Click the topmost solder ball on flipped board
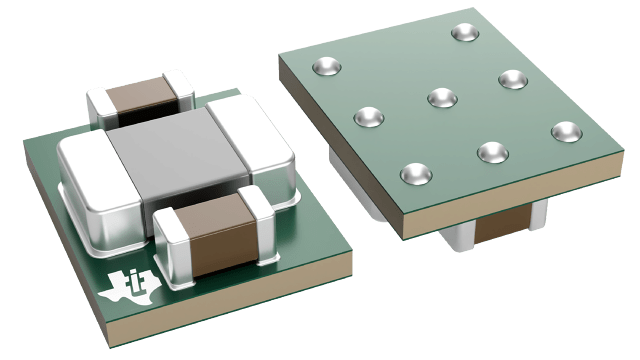pyautogui.click(x=464, y=32)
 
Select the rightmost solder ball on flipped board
pyautogui.click(x=566, y=131)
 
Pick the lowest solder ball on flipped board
pyautogui.click(x=416, y=174)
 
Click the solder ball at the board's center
pyautogui.click(x=442, y=97)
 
